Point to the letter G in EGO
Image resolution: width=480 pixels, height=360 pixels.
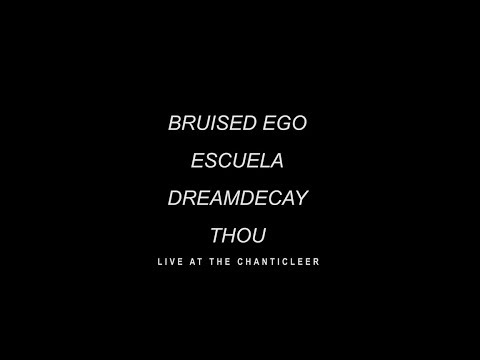287,127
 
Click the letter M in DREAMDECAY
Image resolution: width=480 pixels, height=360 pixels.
235,196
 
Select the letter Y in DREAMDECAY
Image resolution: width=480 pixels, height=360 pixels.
303,196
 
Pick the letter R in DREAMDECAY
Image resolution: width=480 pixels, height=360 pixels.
190,196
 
